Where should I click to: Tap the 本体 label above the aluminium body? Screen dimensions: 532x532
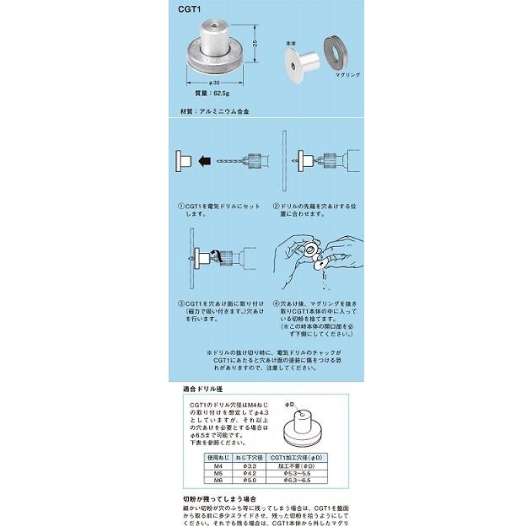[x=291, y=40]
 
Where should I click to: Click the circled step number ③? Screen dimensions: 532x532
[x=180, y=304]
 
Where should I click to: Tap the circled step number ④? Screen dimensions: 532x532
[x=276, y=304]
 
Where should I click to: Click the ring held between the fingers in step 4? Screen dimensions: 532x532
[x=310, y=250]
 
